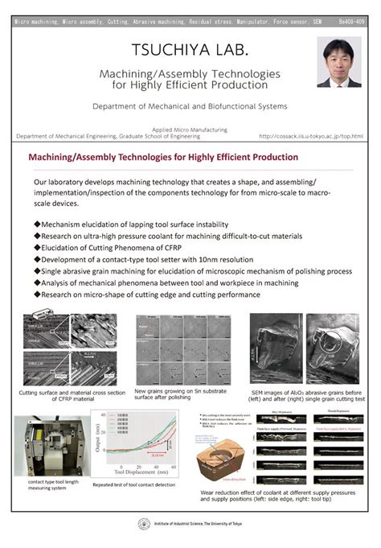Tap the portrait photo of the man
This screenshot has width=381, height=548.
click(338, 61)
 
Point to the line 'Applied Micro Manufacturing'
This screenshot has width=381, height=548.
click(190, 130)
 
